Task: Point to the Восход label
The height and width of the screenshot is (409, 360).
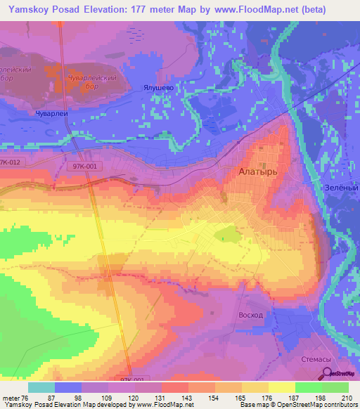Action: coord(251,315)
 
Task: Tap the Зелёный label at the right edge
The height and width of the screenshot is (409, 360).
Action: coord(345,188)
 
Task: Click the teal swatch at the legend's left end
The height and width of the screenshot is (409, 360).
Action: coord(41,387)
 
